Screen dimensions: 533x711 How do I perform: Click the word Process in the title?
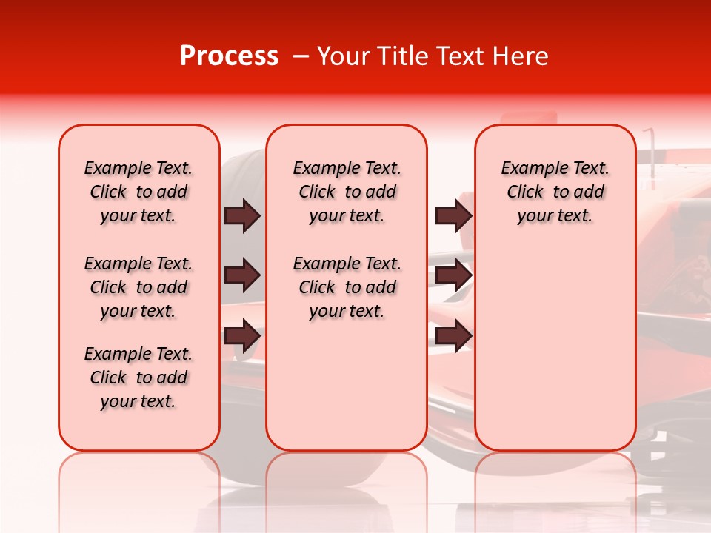tap(229, 56)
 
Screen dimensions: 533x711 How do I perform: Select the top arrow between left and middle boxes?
tap(242, 215)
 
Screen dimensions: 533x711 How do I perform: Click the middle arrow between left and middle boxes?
tap(242, 275)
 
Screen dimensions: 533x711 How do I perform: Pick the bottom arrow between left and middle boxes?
tap(242, 335)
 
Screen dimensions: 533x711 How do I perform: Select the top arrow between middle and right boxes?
tap(453, 215)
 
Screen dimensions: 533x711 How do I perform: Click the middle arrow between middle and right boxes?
tap(453, 275)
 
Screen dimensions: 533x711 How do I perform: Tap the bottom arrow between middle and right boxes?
tap(453, 335)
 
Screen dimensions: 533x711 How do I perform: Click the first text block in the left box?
tap(138, 192)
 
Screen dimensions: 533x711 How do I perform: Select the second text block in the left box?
tap(138, 287)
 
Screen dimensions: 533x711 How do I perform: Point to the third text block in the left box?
tap(138, 378)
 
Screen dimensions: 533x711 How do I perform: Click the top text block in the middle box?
tap(347, 192)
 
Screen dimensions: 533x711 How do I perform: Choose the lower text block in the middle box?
tap(347, 287)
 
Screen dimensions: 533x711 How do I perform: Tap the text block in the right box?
tap(555, 192)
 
